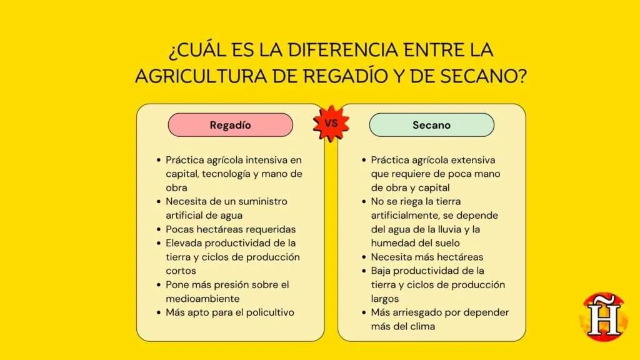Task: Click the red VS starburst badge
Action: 331,124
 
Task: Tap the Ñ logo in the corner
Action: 604,317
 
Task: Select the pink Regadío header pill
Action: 230,125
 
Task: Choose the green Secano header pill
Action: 431,125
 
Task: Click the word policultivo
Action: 269,312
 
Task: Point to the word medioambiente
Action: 202,298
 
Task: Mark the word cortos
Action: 181,271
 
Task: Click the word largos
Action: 385,298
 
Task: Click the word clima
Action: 420,326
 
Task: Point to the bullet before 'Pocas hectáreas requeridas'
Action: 159,229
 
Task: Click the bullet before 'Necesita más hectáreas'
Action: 364,257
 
